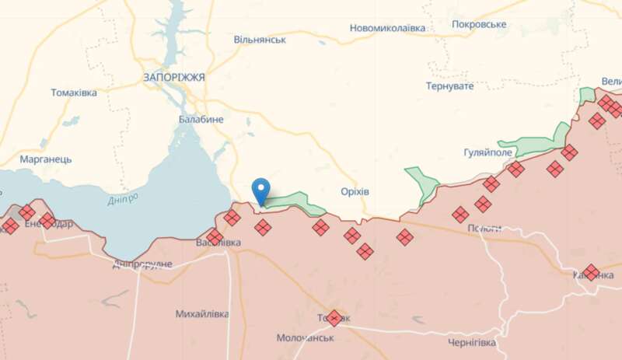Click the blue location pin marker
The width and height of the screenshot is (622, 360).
(x=261, y=189)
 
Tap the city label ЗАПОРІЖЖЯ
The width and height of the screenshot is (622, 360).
(x=174, y=78)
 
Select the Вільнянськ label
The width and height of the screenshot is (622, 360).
(x=260, y=39)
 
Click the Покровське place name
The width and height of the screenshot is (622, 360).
(x=479, y=24)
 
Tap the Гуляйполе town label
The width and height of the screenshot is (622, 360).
(x=487, y=152)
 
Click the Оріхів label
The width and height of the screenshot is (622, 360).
(x=355, y=191)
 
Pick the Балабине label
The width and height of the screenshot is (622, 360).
(x=201, y=119)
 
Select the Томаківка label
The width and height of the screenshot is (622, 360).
(x=74, y=93)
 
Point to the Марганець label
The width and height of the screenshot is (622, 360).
(x=46, y=159)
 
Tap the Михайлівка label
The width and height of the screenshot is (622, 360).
(x=202, y=314)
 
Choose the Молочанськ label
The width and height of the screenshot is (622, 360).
(x=306, y=337)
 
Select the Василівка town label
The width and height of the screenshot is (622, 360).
(x=218, y=243)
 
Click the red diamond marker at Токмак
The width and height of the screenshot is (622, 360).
(x=334, y=318)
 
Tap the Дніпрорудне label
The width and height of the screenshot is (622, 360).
(x=142, y=264)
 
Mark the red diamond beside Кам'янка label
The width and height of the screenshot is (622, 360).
(x=591, y=273)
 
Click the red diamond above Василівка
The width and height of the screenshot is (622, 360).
(x=215, y=236)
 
